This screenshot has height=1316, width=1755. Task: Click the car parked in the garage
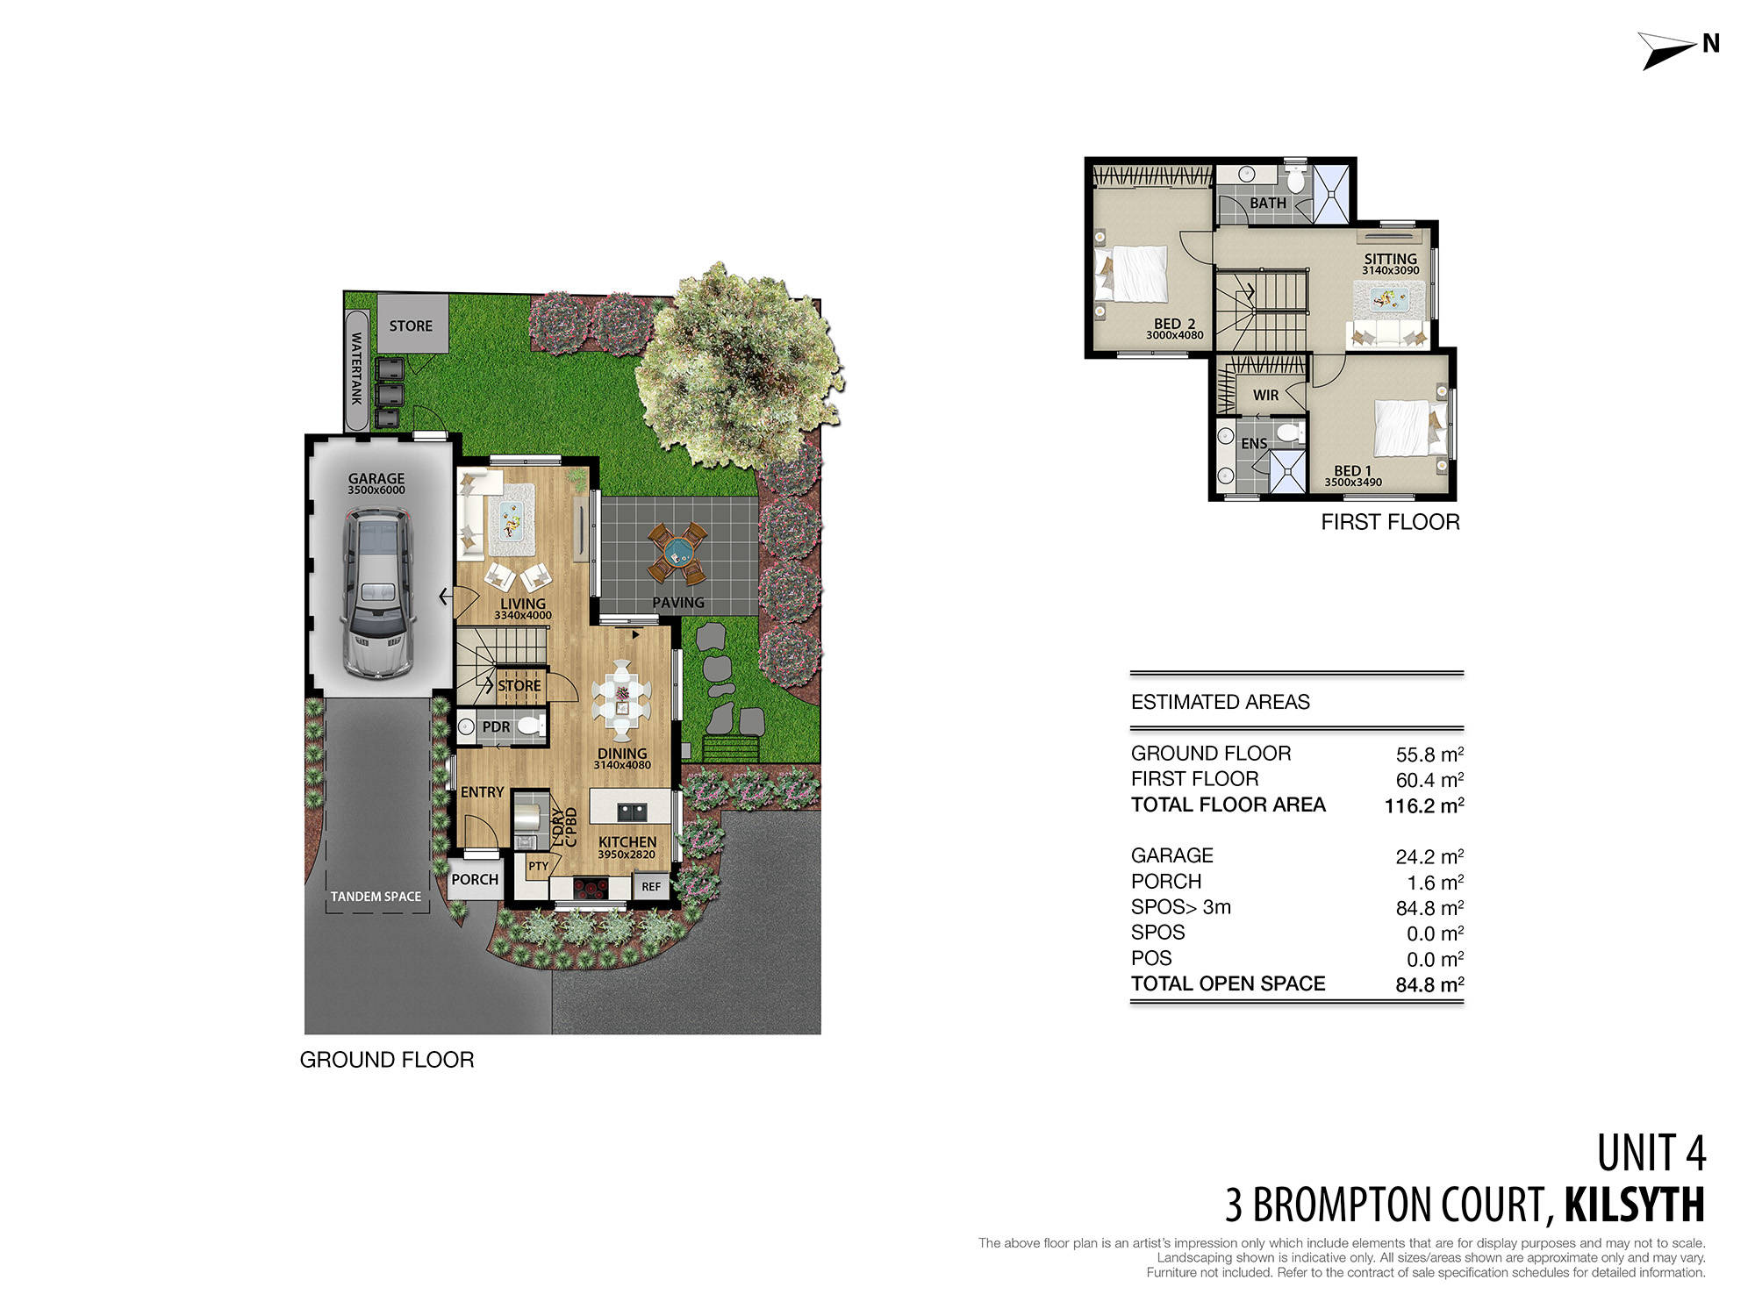(377, 592)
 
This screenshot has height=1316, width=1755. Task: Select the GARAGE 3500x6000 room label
(376, 483)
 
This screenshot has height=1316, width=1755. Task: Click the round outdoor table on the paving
(677, 553)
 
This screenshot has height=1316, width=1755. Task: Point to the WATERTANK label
(356, 368)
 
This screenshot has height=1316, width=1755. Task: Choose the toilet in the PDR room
(529, 726)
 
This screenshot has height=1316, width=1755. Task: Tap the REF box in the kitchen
(650, 886)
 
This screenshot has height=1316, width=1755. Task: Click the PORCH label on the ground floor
(475, 879)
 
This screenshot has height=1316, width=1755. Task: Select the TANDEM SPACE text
(376, 897)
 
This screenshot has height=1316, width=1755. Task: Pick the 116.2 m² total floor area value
(1423, 805)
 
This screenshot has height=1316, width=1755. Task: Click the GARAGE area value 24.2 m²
(1429, 856)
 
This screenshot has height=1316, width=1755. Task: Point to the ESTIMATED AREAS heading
(1220, 702)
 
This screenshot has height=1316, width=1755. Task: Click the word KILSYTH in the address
(1634, 1205)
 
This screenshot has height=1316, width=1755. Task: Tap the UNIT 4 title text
(1651, 1153)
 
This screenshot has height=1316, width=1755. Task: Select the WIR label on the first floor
(1265, 396)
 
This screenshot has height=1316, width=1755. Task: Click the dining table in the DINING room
(621, 693)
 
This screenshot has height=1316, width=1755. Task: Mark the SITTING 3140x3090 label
(1390, 263)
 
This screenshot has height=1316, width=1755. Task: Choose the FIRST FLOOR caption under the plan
(1390, 522)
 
